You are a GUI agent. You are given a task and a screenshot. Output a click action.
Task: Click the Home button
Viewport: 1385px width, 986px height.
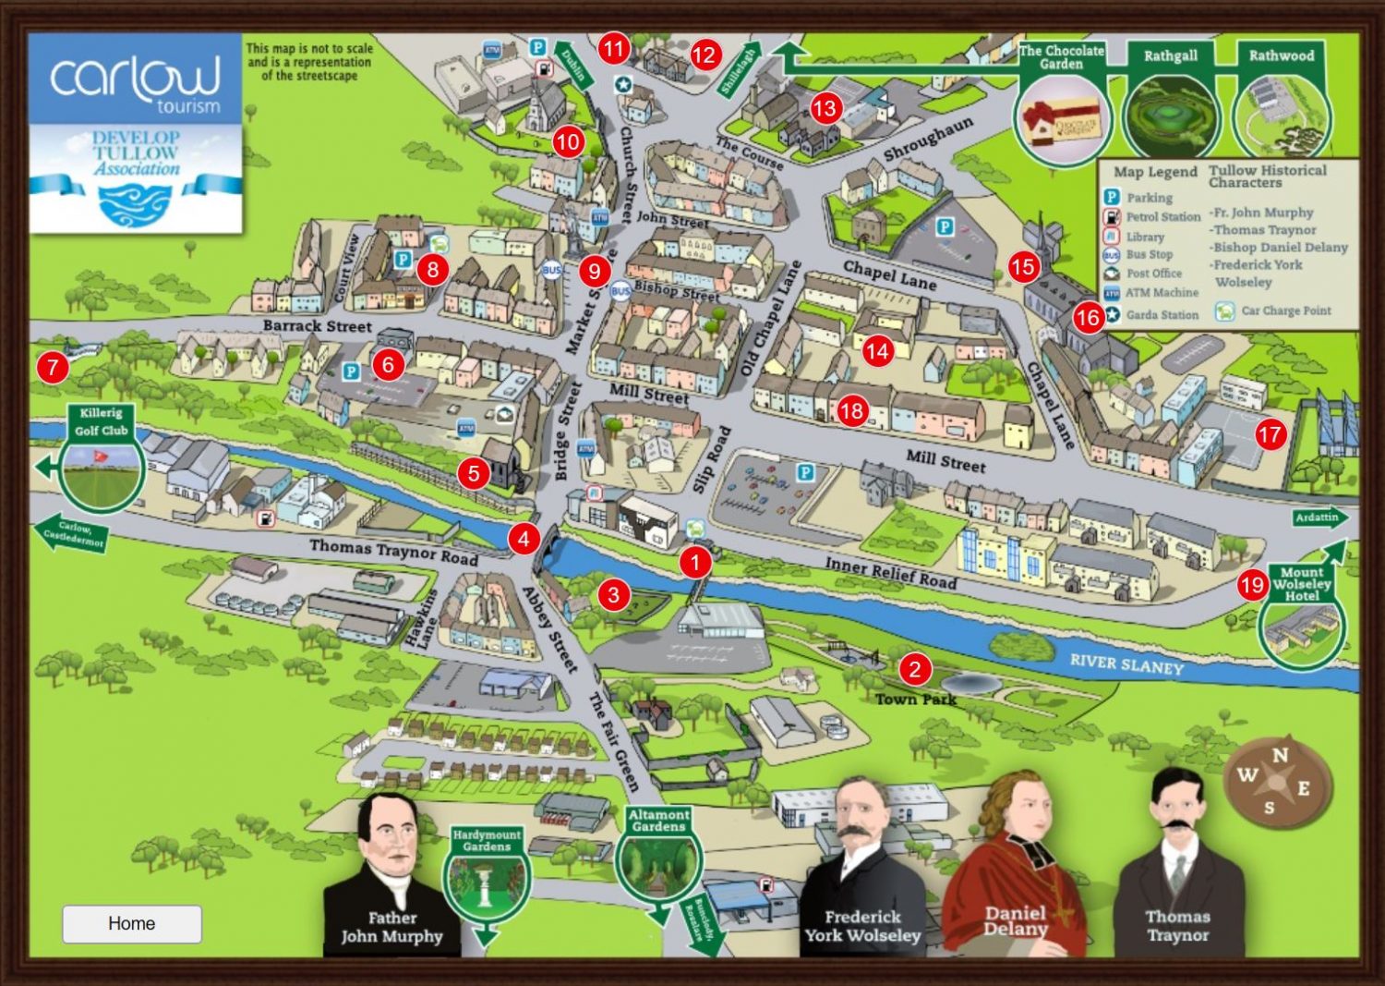click(131, 923)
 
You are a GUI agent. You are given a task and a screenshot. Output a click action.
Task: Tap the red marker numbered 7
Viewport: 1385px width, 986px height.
click(53, 368)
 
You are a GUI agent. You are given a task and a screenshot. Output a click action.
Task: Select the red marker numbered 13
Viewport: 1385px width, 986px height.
click(824, 108)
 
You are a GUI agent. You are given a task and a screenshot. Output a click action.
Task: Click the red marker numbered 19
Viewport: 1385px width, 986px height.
click(1252, 585)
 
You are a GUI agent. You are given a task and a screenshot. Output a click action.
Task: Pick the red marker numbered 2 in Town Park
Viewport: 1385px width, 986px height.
click(914, 668)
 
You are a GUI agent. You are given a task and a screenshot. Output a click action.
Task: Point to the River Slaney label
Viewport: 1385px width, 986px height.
click(1126, 663)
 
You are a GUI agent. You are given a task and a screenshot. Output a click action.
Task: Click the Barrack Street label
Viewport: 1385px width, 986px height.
click(317, 325)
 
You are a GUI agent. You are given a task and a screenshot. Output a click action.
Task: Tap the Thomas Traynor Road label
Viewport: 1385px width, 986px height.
click(393, 551)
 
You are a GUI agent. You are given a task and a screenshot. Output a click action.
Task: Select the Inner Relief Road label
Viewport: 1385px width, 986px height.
click(890, 572)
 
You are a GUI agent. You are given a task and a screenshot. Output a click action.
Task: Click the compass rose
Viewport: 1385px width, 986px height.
click(1277, 782)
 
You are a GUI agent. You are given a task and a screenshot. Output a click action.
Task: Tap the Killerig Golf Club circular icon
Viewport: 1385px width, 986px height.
click(101, 469)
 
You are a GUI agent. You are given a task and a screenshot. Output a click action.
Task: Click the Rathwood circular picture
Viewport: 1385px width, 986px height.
click(1282, 117)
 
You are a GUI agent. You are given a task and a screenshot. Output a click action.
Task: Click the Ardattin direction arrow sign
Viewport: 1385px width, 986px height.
click(1319, 517)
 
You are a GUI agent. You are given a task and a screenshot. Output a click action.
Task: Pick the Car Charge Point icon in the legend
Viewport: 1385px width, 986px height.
click(1224, 311)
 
